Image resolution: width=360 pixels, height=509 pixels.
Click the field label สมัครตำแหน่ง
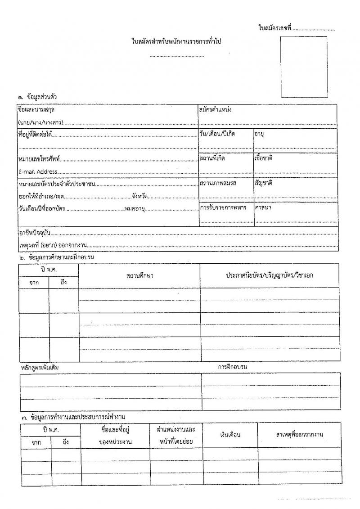click(215, 109)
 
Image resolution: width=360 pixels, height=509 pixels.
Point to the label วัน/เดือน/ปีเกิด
click(218, 134)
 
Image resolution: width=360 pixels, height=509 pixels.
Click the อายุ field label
click(259, 134)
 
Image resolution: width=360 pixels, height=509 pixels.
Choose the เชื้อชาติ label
click(264, 158)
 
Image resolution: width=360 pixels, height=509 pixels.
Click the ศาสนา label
click(263, 207)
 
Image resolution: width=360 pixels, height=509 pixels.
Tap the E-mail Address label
click(38, 171)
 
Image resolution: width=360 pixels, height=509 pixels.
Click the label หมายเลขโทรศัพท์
click(39, 159)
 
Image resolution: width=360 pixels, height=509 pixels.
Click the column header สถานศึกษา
click(139, 275)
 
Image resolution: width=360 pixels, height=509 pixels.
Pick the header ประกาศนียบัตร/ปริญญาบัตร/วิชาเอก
click(270, 275)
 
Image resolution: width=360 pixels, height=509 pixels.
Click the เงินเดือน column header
click(230, 435)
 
